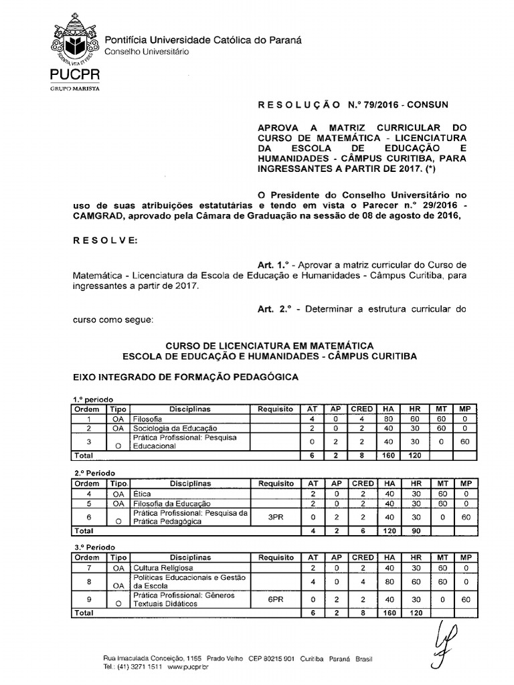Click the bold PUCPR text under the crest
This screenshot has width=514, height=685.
[x=74, y=74]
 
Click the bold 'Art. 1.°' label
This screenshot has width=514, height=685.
[x=274, y=264]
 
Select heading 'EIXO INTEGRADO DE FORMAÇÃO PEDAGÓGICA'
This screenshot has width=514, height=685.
[x=185, y=377]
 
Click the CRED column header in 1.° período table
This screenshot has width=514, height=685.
[x=363, y=409]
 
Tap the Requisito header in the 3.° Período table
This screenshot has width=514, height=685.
[x=276, y=557]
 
